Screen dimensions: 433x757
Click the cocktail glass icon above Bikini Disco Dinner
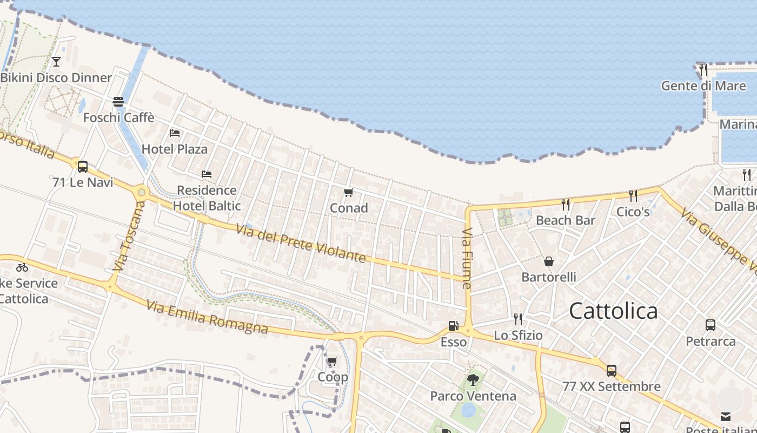click(x=56, y=62)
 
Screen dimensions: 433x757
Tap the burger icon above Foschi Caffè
click(x=118, y=102)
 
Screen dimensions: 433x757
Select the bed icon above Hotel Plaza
click(x=175, y=133)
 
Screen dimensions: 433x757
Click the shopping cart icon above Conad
click(x=349, y=192)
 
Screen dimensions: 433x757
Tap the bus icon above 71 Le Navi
click(x=83, y=167)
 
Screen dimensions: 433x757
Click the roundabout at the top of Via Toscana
click(x=142, y=192)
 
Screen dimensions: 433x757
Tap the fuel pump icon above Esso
click(x=453, y=326)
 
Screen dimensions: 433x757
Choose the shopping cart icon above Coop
click(x=333, y=361)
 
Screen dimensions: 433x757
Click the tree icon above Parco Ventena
click(x=473, y=380)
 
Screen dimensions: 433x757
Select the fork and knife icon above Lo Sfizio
click(x=518, y=319)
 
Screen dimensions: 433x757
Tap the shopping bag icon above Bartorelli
click(x=549, y=261)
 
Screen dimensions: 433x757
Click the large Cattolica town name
click(x=613, y=311)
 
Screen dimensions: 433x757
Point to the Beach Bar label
click(x=565, y=220)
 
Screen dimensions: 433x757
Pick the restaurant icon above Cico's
click(x=633, y=195)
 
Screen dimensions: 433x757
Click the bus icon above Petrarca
click(x=710, y=325)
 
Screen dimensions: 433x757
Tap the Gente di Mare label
click(x=703, y=86)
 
